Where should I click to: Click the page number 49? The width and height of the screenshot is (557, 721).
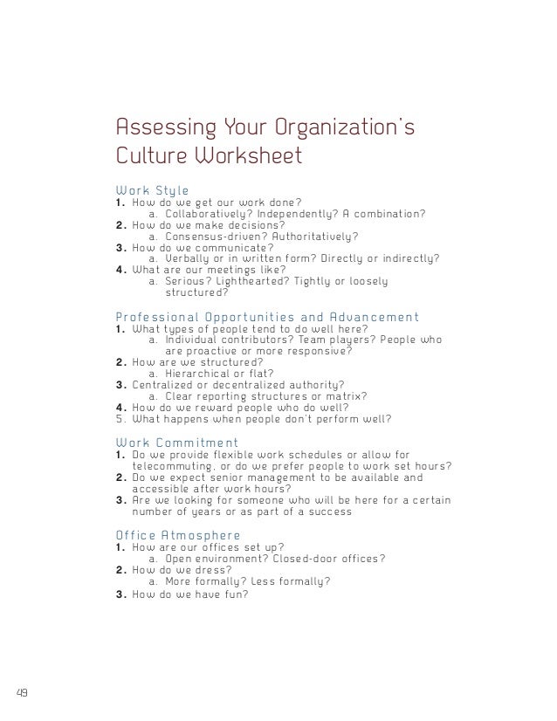tap(22, 694)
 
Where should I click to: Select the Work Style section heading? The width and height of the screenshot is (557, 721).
tap(153, 189)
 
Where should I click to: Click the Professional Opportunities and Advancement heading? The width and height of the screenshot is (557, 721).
tap(267, 317)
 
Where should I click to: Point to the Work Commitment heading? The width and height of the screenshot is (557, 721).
tap(176, 442)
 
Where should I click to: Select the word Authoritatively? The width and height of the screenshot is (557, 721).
tap(316, 236)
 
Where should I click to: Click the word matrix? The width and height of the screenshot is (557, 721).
tap(347, 395)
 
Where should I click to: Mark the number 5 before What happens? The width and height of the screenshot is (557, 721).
tap(119, 418)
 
